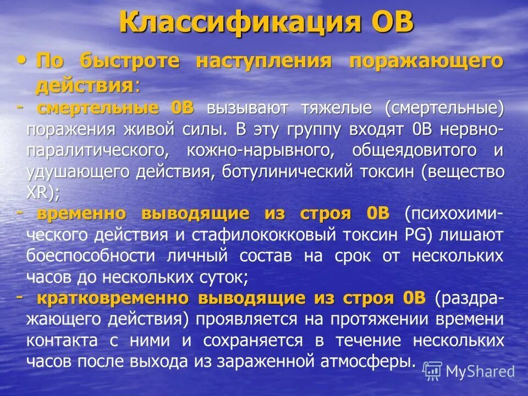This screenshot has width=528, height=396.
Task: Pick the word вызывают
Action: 247,108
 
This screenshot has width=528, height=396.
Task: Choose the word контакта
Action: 62,340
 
